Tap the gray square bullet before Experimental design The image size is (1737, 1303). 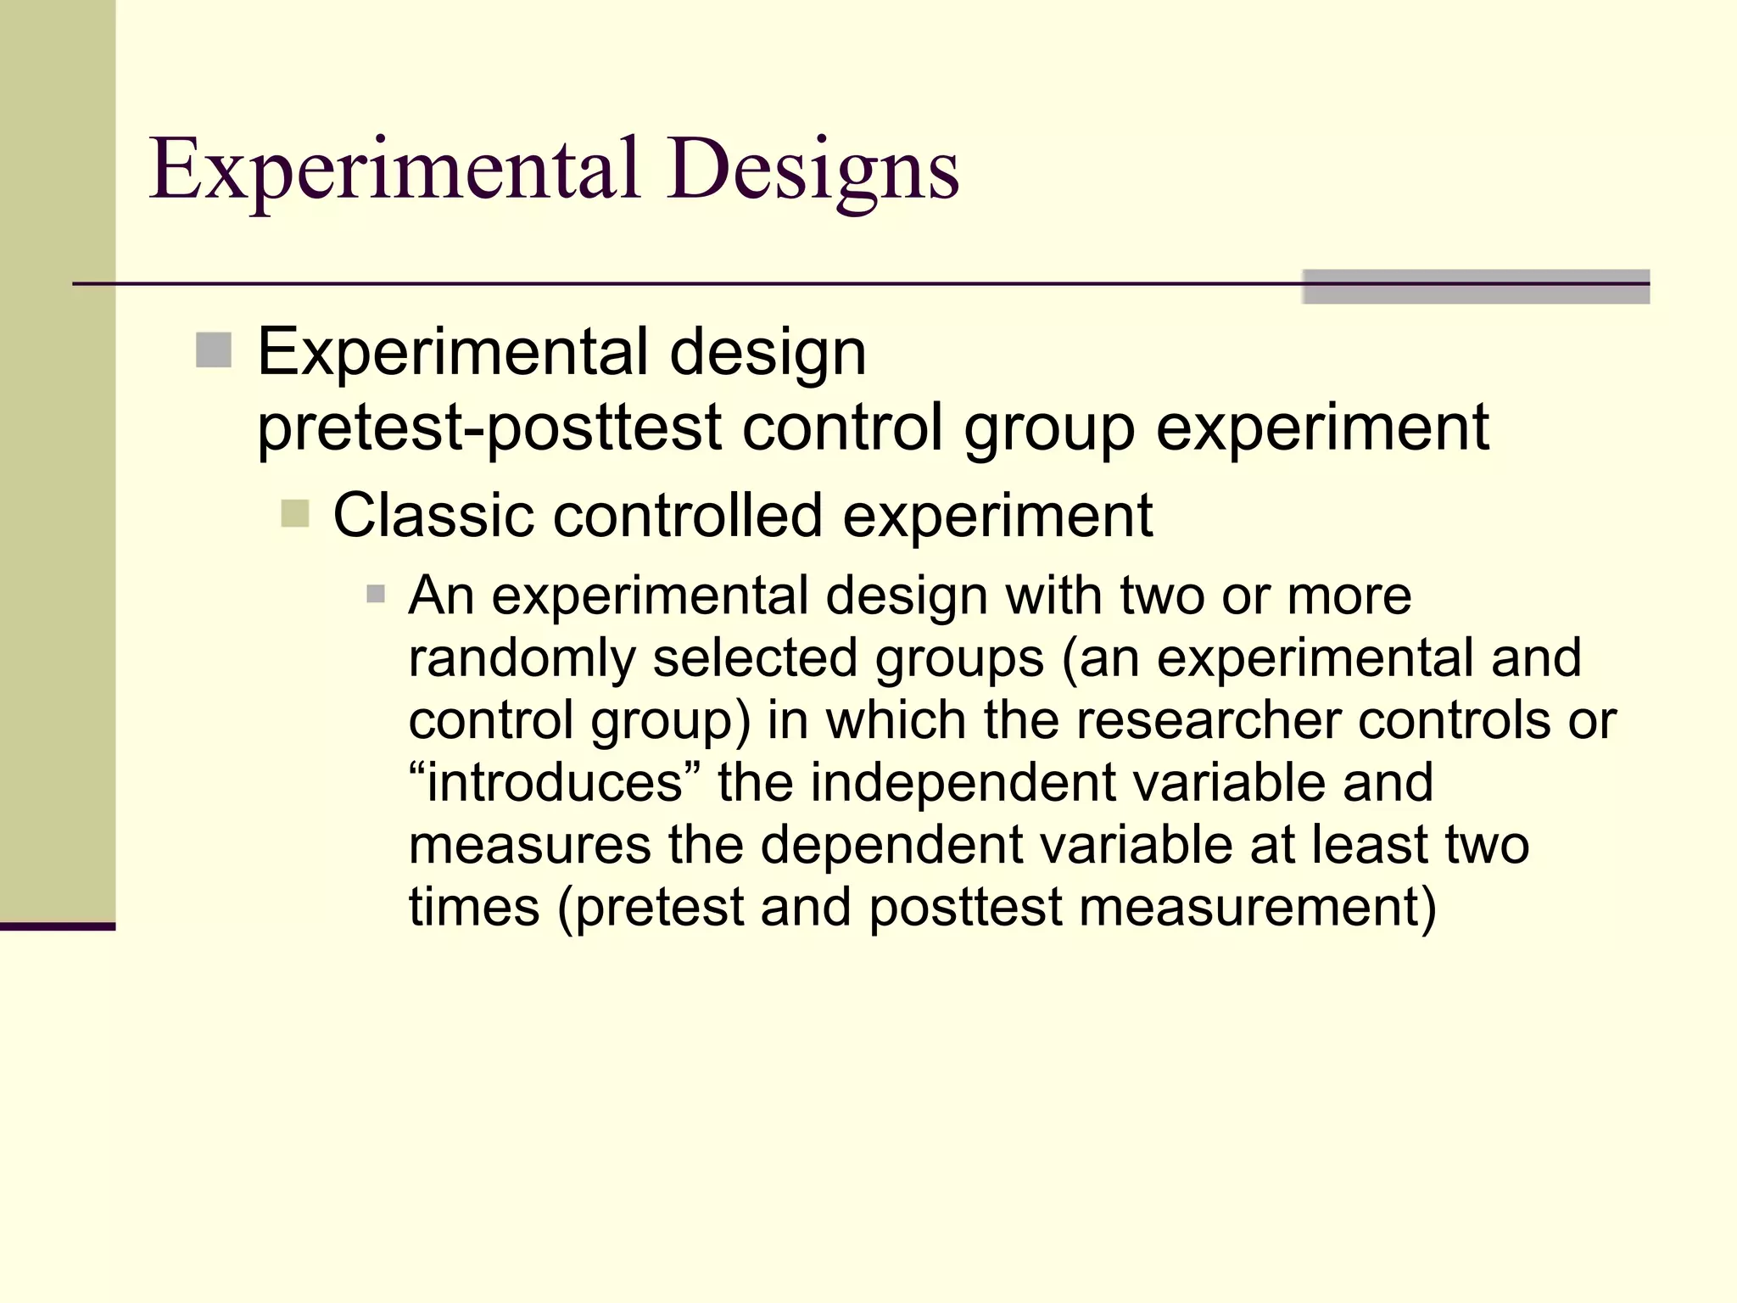(214, 350)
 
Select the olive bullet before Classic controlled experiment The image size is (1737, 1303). (294, 513)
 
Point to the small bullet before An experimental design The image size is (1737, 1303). (376, 594)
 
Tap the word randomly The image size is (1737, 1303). (521, 658)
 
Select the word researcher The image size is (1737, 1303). (1208, 720)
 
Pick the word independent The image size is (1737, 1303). (962, 782)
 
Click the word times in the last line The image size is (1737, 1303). (473, 907)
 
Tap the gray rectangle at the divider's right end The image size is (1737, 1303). (1475, 287)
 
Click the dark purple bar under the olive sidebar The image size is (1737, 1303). (57, 926)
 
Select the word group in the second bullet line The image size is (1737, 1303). (1048, 427)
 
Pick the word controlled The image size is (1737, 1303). (687, 515)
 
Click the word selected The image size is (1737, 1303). (754, 658)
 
